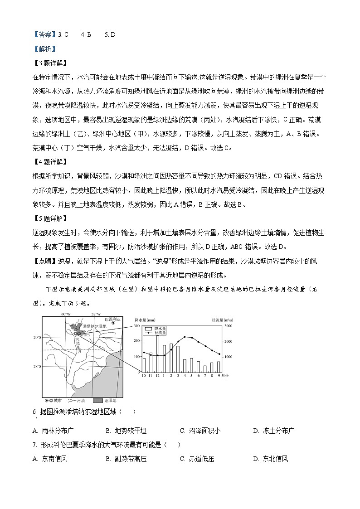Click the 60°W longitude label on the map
click(66, 314)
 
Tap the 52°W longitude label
click(96, 314)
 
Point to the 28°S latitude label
click(37, 366)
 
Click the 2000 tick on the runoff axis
click(229, 341)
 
